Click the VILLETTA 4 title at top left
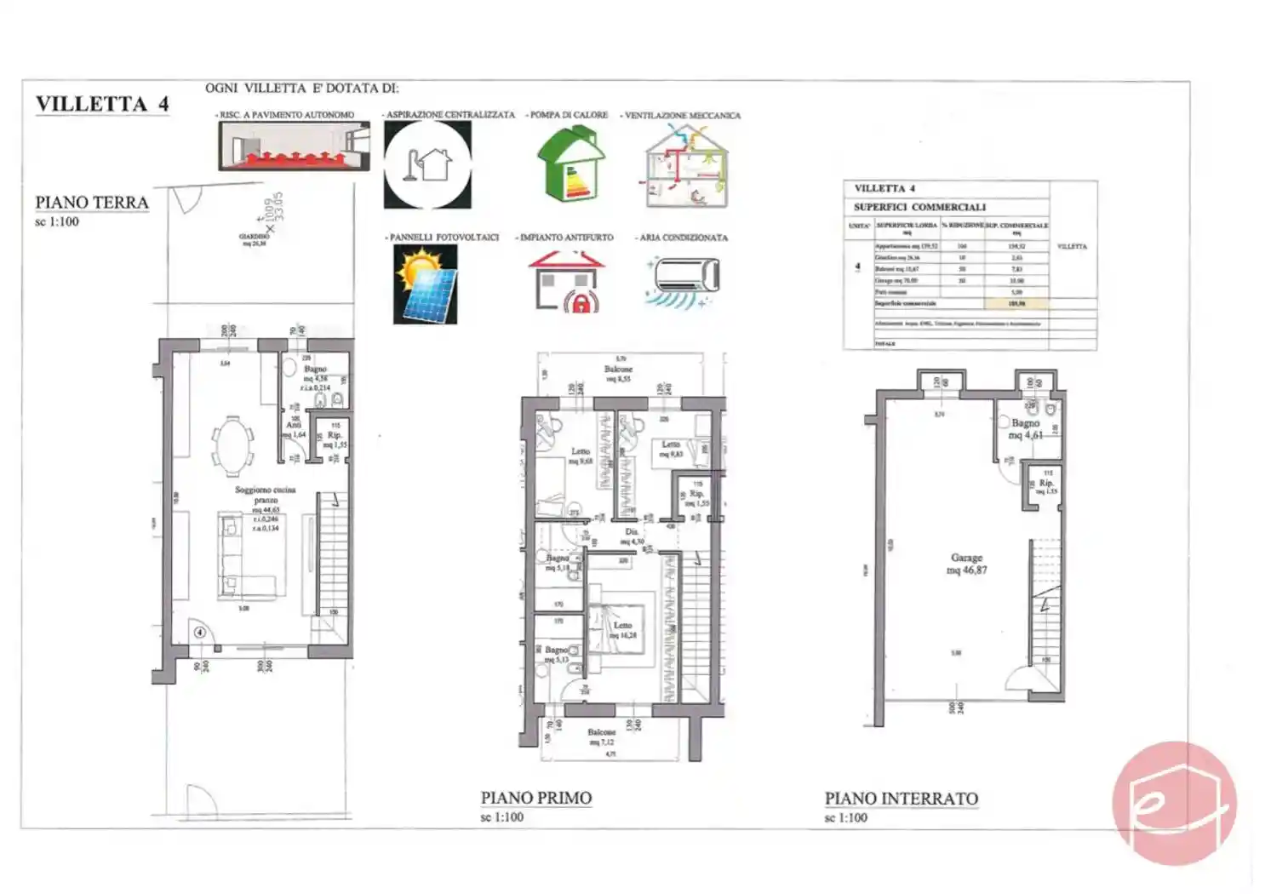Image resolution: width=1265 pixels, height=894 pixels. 102,105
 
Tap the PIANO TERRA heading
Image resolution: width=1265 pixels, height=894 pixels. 92,203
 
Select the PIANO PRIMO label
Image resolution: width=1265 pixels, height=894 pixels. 535,798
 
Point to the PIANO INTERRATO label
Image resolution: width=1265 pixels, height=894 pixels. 901,799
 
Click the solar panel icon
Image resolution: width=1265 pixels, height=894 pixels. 426,284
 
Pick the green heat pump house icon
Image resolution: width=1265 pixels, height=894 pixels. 570,163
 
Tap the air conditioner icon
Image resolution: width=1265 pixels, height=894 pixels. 684,278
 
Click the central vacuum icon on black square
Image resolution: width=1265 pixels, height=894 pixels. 427,164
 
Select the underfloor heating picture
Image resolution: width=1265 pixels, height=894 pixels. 294,146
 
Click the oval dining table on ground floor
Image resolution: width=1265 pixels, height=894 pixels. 232,443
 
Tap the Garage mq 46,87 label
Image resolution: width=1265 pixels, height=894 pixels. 966,564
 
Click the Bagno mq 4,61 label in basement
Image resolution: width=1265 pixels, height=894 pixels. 1025,428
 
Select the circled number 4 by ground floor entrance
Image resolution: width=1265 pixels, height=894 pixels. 199,632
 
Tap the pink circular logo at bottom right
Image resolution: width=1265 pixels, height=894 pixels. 1174,802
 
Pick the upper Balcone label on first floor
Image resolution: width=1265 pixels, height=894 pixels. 619,373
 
